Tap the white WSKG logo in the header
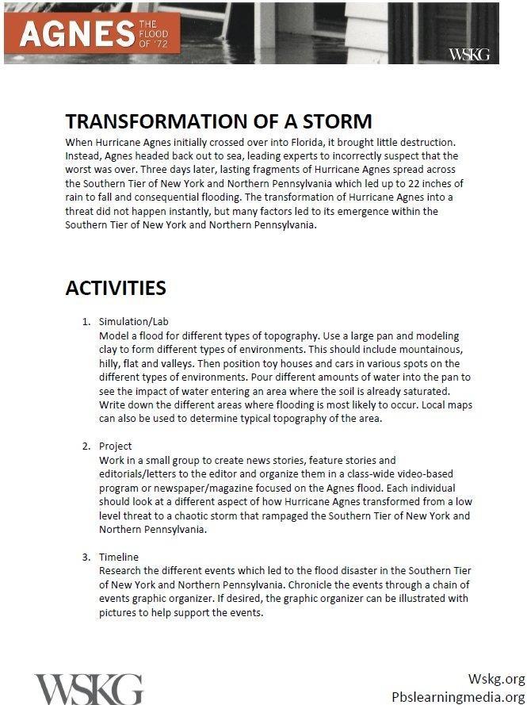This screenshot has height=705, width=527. click(x=469, y=54)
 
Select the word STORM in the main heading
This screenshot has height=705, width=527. click(x=333, y=121)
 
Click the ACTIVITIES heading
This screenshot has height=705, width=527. click(x=116, y=287)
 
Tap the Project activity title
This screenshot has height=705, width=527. click(x=116, y=446)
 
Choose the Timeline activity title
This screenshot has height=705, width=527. click(x=119, y=557)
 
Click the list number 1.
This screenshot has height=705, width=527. click(x=86, y=322)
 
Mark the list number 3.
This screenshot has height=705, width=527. click(x=86, y=557)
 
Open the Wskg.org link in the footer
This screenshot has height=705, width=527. click(x=496, y=679)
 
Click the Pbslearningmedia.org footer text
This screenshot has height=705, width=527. click(x=458, y=696)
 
